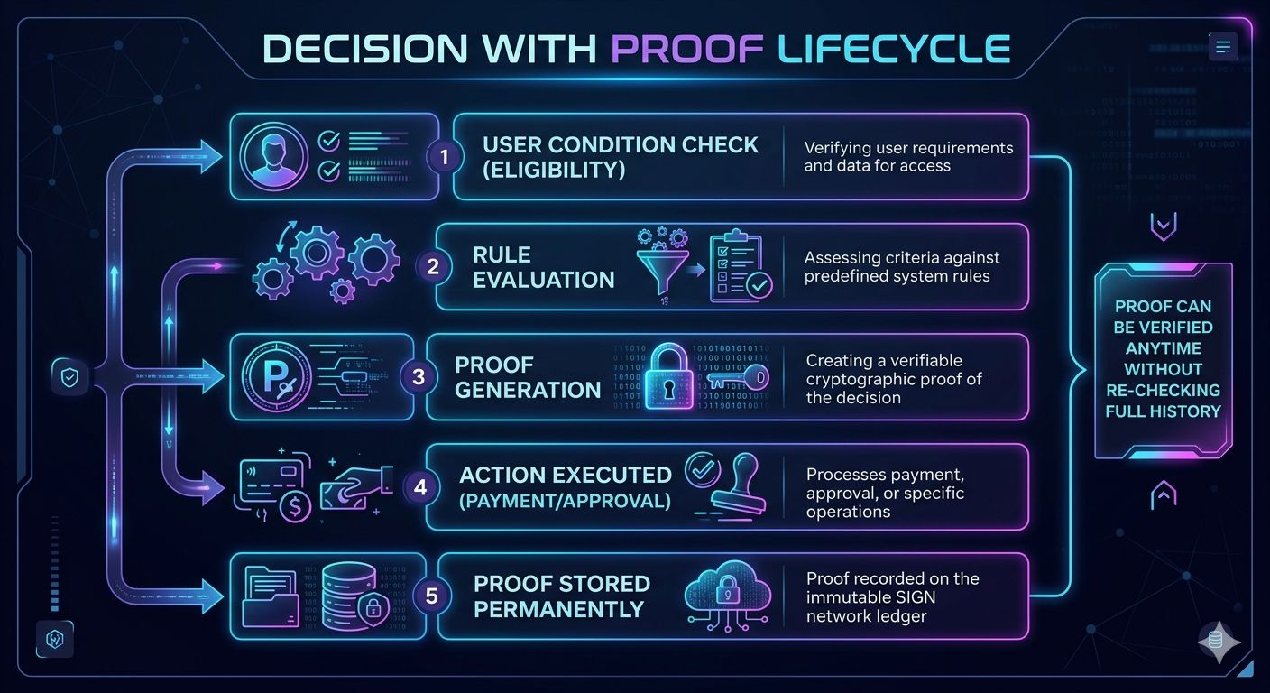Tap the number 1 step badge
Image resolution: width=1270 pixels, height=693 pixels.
click(444, 156)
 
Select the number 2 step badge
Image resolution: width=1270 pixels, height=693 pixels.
click(432, 266)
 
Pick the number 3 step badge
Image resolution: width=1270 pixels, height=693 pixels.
click(419, 376)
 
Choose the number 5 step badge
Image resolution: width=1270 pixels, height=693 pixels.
click(432, 596)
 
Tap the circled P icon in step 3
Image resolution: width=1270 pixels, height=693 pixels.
click(277, 376)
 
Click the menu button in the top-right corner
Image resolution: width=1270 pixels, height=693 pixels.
click(1222, 46)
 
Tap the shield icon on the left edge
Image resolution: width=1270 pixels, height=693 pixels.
click(69, 377)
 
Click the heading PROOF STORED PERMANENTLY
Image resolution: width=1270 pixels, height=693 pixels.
click(562, 596)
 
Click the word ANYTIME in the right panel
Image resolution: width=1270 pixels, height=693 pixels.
click(1163, 348)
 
